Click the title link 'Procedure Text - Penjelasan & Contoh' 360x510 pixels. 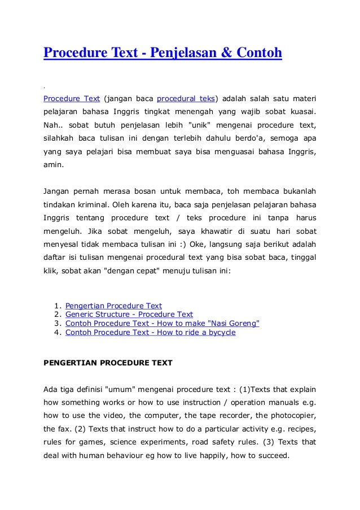(162, 54)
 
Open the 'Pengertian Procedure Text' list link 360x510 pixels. (113, 306)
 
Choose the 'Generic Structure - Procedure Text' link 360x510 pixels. (129, 315)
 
